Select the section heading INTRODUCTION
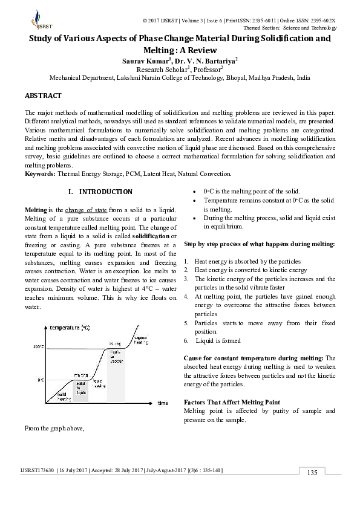[x=106, y=192]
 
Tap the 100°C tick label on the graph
[x=39, y=346]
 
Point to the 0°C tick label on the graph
[x=41, y=380]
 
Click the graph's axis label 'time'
[x=163, y=403]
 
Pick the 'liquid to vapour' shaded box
[x=116, y=355]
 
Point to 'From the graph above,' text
[x=53, y=429]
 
